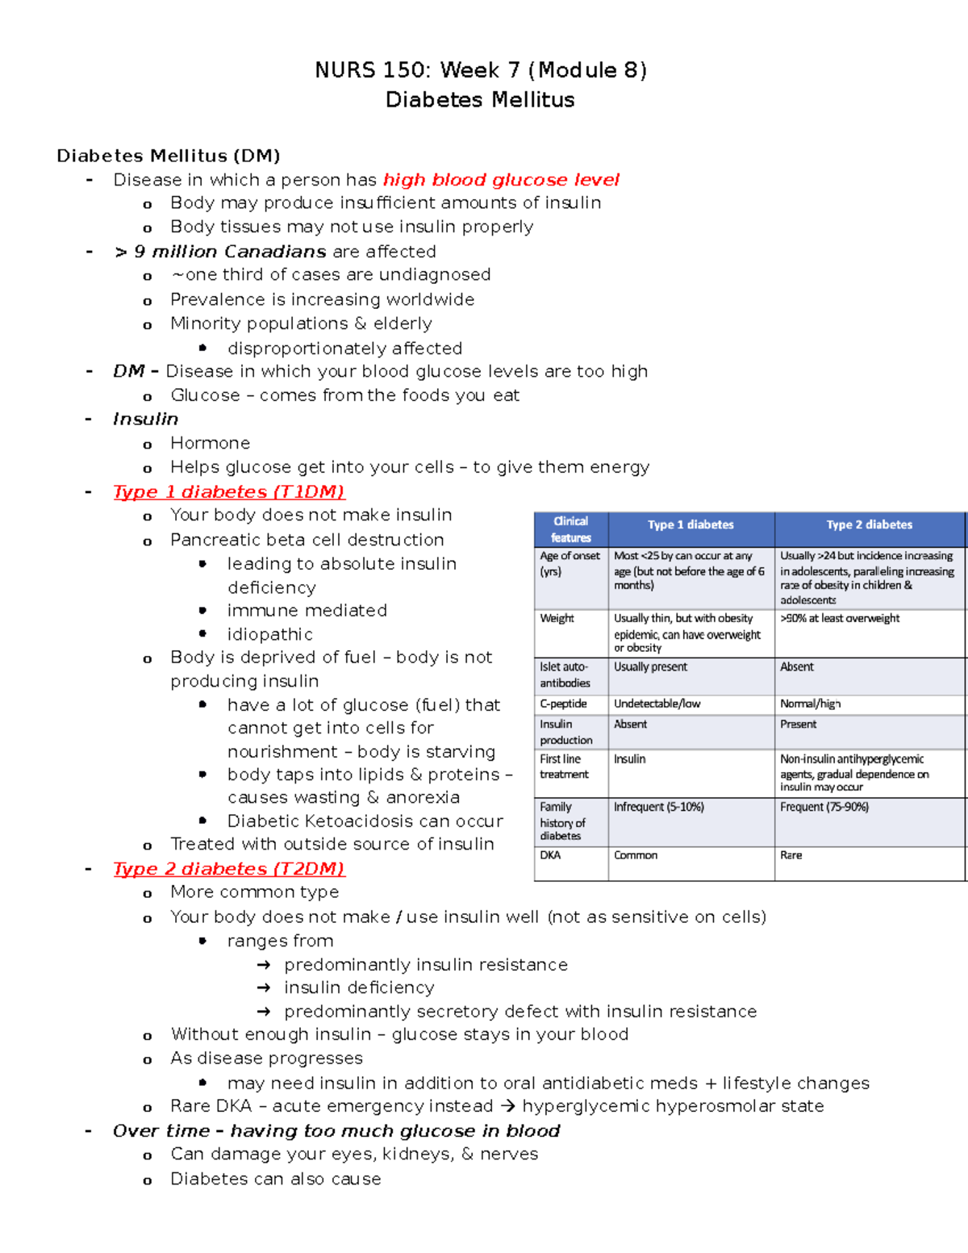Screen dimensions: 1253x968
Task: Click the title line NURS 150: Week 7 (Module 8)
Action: click(481, 70)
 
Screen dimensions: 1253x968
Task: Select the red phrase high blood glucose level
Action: click(501, 180)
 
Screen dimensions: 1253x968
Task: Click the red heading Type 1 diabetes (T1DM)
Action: click(228, 492)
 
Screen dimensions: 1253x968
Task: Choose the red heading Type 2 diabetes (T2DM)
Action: click(228, 869)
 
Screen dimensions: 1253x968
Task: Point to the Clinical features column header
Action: click(570, 529)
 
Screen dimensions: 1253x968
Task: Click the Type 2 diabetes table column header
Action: click(869, 524)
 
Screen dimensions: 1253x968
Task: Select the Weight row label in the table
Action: click(557, 618)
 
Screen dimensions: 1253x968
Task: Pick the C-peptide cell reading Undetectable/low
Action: click(657, 704)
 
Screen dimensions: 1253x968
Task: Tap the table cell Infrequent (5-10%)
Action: click(658, 807)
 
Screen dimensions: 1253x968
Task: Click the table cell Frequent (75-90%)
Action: click(824, 807)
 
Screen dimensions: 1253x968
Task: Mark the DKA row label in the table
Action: click(550, 855)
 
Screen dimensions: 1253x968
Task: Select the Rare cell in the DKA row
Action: click(791, 855)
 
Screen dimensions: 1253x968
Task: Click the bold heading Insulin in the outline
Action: click(145, 420)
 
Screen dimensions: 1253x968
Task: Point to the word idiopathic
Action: click(269, 634)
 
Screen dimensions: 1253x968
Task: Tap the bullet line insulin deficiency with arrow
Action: click(358, 988)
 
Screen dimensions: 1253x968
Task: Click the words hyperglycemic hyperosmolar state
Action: click(673, 1106)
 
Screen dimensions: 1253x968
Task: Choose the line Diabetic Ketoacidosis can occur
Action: click(365, 821)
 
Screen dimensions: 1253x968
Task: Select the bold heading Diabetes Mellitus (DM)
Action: click(168, 156)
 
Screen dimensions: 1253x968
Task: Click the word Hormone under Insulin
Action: click(210, 443)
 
